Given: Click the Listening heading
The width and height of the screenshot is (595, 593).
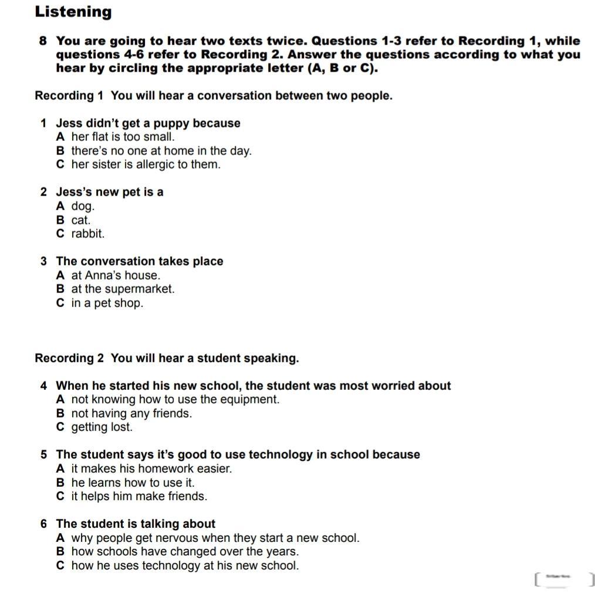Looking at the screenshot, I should (73, 12).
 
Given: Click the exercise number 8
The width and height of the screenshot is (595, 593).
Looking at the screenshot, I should (43, 41).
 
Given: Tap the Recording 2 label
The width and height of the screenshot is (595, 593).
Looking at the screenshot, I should (69, 358).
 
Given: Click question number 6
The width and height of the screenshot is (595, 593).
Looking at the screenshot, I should (43, 524).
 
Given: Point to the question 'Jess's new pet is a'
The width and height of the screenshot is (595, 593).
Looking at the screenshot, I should (109, 192).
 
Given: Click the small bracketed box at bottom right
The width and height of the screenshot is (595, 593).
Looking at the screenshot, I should (564, 579).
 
